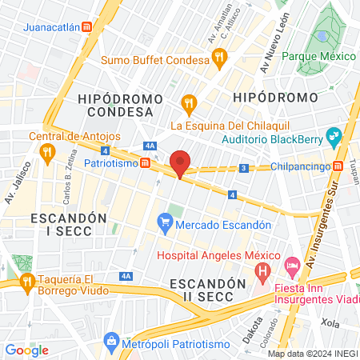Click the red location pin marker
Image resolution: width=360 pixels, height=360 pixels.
pyautogui.click(x=181, y=163)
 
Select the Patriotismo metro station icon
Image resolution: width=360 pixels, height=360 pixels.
pyautogui.click(x=145, y=162)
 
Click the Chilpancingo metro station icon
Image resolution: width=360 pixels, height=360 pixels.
pyautogui.click(x=338, y=166)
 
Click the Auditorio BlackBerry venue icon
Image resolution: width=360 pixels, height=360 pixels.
pyautogui.click(x=334, y=135)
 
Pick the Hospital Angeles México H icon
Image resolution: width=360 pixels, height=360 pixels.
pyautogui.click(x=262, y=273)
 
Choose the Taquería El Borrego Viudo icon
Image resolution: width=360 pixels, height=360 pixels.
pyautogui.click(x=26, y=281)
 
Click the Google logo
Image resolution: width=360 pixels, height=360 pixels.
pyautogui.click(x=27, y=350)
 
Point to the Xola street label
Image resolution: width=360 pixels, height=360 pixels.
pyautogui.click(x=330, y=321)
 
